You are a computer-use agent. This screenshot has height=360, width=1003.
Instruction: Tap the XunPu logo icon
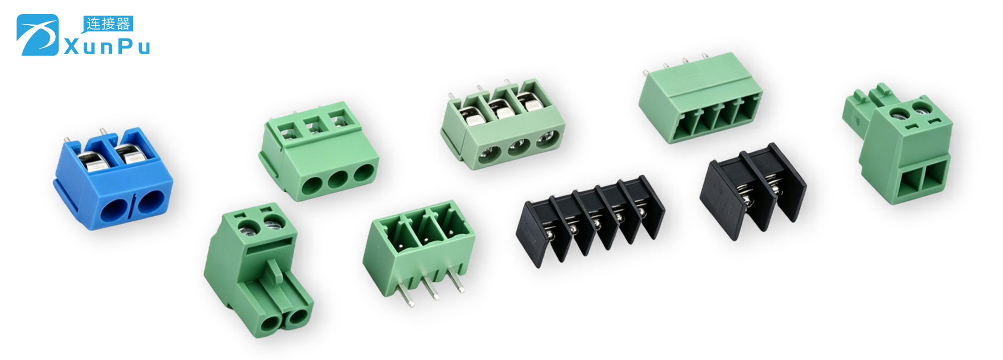(x=38, y=35)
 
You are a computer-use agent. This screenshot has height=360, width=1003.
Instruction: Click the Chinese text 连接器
(x=108, y=24)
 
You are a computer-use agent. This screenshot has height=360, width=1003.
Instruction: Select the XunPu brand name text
(x=107, y=47)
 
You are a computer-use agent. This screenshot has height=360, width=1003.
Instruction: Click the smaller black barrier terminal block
(x=752, y=191)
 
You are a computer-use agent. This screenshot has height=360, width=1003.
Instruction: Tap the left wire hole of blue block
(x=114, y=210)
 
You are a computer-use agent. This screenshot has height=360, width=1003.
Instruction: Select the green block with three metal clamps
(x=503, y=125)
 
